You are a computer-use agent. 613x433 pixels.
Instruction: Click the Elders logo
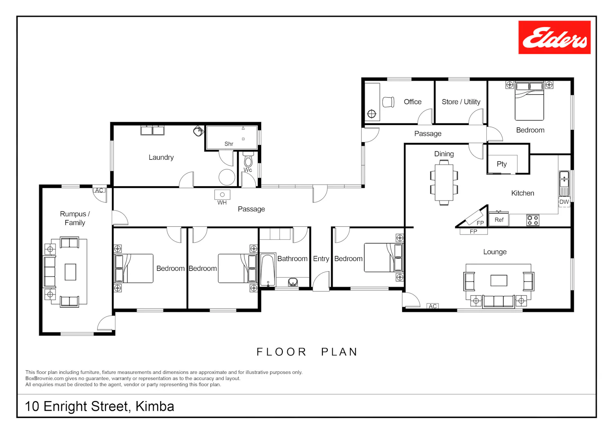tap(554, 38)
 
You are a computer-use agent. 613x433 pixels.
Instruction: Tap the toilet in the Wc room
tap(248, 160)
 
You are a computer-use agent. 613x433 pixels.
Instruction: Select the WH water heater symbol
tap(222, 194)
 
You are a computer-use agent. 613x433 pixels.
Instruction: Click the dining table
tap(444, 183)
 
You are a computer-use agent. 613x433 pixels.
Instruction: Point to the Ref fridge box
tap(499, 219)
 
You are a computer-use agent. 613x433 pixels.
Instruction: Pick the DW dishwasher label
tap(564, 202)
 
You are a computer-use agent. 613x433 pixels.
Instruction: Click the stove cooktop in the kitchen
tap(533, 220)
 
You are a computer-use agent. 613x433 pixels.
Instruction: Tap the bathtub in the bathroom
tap(268, 270)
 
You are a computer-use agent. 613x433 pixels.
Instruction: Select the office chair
tap(388, 102)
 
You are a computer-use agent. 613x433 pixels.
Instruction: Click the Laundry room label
tap(161, 157)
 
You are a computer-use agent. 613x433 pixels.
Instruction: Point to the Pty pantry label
tap(501, 164)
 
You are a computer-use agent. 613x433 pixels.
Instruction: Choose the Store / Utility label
tap(461, 102)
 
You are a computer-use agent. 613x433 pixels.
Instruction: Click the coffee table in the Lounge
tap(499, 280)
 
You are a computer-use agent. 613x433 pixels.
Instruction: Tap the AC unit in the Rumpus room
tap(99, 190)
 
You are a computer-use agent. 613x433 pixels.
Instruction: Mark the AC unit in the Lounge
tap(433, 306)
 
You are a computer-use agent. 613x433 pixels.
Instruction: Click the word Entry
tap(321, 259)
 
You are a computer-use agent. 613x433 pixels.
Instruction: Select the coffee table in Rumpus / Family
tap(70, 272)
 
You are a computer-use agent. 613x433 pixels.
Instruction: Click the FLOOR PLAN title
tap(307, 352)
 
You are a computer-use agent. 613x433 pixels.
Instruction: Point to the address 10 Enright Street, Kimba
tap(100, 406)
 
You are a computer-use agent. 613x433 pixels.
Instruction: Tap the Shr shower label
tap(229, 144)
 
